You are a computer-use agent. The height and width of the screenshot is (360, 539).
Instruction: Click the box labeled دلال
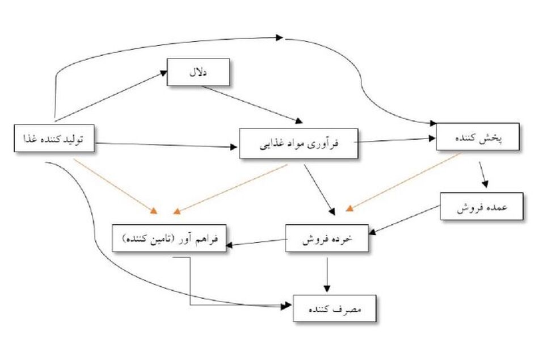click(199, 72)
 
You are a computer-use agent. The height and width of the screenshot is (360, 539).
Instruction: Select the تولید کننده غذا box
click(54, 139)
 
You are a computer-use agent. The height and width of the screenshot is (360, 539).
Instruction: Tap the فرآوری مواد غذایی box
click(298, 144)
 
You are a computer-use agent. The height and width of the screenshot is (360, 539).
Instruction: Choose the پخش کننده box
click(478, 137)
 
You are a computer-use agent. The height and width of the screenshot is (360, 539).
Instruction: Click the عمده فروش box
click(482, 207)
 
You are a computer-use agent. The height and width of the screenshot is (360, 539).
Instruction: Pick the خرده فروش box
click(327, 238)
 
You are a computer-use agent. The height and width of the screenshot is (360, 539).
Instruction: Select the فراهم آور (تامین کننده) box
click(169, 238)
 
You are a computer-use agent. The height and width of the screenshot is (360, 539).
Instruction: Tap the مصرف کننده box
click(335, 308)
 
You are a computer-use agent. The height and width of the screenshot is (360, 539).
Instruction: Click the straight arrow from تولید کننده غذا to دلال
click(111, 96)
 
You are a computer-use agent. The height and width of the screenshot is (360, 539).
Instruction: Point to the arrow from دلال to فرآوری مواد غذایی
click(252, 104)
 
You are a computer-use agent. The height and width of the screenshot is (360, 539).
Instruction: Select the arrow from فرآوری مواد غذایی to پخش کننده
click(395, 140)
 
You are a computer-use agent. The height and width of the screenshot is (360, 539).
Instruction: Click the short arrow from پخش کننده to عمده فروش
click(483, 174)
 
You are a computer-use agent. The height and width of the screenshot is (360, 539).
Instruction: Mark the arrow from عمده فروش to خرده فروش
click(404, 220)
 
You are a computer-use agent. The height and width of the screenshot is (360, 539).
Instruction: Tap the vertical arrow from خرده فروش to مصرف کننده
click(327, 275)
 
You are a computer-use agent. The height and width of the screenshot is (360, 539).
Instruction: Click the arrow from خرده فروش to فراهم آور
click(256, 242)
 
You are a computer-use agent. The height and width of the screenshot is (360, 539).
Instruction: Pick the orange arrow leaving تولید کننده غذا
click(116, 186)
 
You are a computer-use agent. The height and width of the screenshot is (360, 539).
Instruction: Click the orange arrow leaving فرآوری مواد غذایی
click(230, 189)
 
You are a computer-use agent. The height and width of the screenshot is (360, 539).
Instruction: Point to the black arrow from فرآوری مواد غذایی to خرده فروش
click(319, 190)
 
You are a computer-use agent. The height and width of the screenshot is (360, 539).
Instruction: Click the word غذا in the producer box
click(30, 139)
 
